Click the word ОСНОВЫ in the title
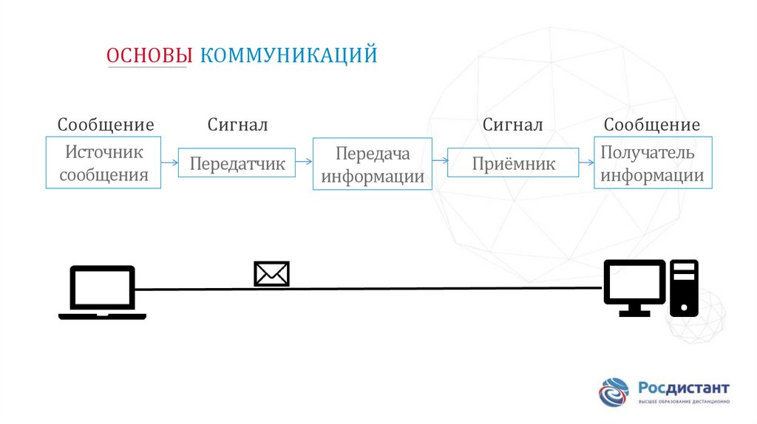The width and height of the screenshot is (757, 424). click(x=150, y=55)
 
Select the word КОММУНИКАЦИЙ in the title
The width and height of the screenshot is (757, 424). click(x=289, y=55)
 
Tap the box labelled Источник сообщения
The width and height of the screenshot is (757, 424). click(x=103, y=163)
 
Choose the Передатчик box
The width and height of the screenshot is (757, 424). click(x=237, y=163)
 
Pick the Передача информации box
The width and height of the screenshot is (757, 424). click(x=373, y=164)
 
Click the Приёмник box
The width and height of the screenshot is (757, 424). click(x=513, y=163)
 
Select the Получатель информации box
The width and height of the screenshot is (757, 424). click(x=653, y=163)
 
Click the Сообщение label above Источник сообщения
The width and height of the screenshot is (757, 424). click(x=106, y=125)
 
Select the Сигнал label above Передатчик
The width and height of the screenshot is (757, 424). click(x=237, y=125)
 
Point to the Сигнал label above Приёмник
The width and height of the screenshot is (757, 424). click(x=513, y=125)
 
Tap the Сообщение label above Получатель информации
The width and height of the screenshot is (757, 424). click(x=652, y=125)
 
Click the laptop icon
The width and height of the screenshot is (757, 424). click(x=102, y=292)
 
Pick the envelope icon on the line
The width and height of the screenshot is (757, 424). click(x=271, y=274)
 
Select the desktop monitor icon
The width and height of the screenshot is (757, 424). click(x=634, y=287)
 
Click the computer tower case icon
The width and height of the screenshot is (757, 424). click(x=684, y=287)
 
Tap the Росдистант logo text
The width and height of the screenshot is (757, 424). click(x=684, y=388)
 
